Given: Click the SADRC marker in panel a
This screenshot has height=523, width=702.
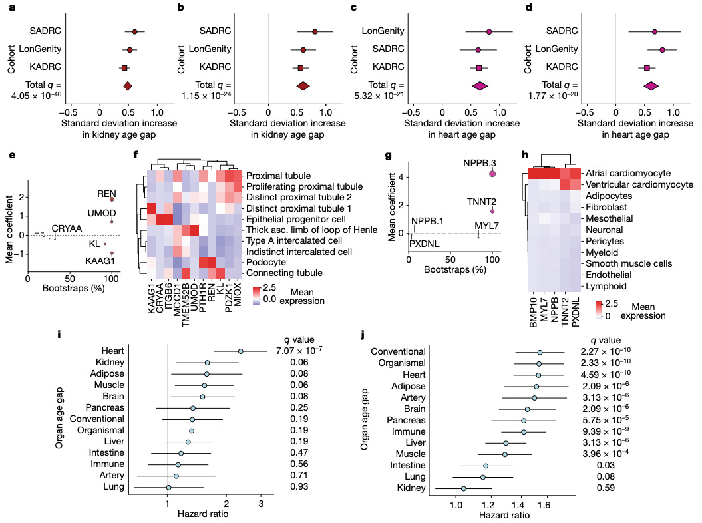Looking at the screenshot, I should [x=134, y=31].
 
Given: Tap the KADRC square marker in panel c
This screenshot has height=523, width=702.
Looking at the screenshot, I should [x=478, y=68].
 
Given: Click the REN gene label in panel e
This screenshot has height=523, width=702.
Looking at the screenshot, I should [x=106, y=194].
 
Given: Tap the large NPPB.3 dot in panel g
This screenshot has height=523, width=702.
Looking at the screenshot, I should [x=492, y=174].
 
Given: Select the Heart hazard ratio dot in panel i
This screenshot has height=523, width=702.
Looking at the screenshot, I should [x=240, y=351].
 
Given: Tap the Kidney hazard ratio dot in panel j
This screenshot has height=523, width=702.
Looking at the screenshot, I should [x=464, y=489].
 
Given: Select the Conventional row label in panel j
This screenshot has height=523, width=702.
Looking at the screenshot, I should [x=398, y=351].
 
